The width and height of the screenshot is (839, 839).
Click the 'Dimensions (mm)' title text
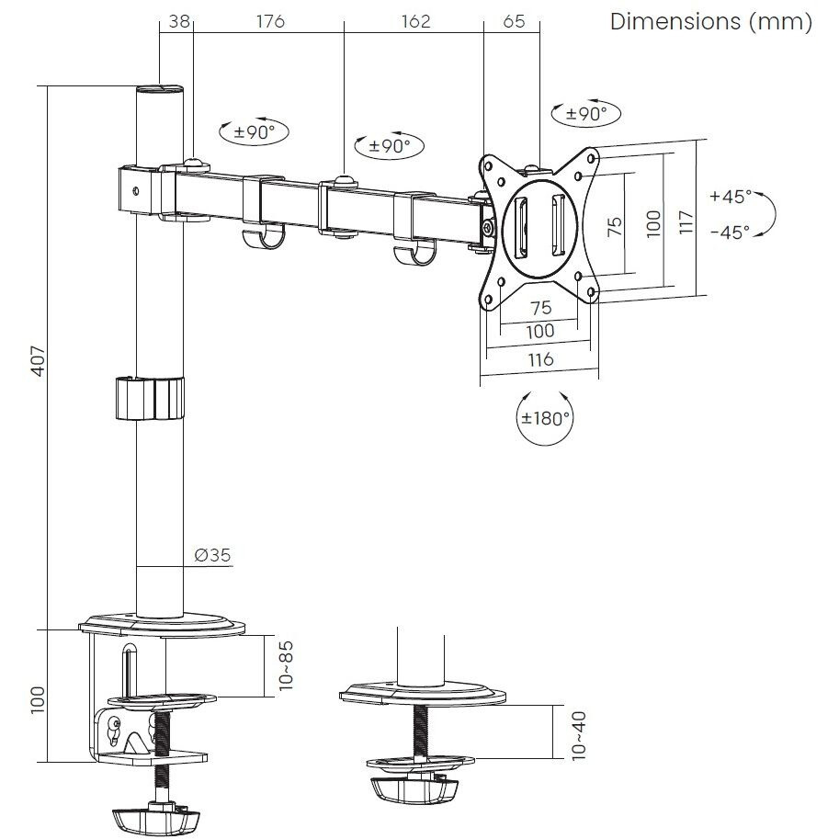click(x=711, y=22)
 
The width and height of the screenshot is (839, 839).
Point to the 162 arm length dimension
click(x=415, y=21)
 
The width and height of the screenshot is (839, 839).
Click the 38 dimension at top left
click(x=180, y=21)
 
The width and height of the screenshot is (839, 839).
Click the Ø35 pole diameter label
click(x=212, y=554)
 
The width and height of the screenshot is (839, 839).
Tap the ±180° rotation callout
click(x=545, y=418)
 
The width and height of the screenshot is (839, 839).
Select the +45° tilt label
click(x=731, y=196)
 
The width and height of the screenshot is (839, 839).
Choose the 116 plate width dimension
click(x=539, y=359)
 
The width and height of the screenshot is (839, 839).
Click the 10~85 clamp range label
click(x=287, y=664)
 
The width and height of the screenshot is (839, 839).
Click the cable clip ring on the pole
click(x=149, y=397)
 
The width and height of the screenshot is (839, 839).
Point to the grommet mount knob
click(x=414, y=789)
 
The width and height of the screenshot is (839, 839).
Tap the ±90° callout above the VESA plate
click(x=585, y=114)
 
